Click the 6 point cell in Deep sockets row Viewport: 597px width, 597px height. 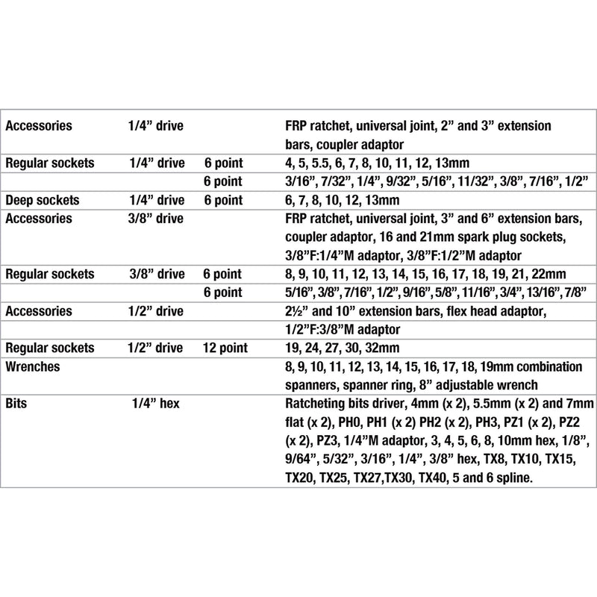click(223, 200)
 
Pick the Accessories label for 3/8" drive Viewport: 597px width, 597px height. click(39, 219)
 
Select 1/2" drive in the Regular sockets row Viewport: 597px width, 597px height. click(155, 348)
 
